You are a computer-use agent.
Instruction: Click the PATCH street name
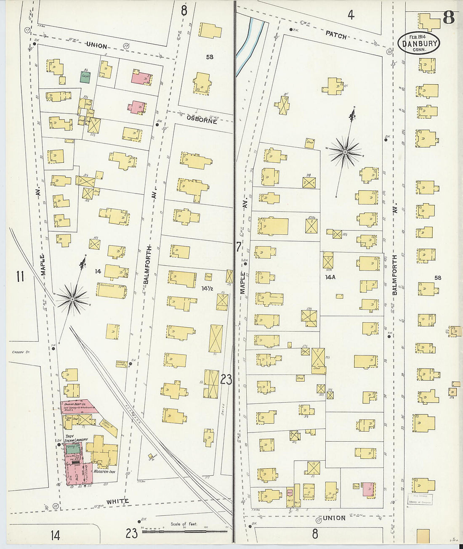point(336,35)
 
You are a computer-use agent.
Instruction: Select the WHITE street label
point(117,501)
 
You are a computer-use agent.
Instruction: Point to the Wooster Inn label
point(104,472)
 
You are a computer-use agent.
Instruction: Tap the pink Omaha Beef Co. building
point(78,406)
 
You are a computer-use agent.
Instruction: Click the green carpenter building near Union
point(85,77)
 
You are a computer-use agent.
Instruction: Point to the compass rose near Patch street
point(345,151)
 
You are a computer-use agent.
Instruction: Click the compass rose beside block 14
point(72,299)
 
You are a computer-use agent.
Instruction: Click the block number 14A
point(330,277)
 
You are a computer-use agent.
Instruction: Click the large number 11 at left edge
point(20,276)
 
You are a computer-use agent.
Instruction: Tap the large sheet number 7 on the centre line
point(238,247)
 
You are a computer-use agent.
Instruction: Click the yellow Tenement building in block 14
point(111,291)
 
